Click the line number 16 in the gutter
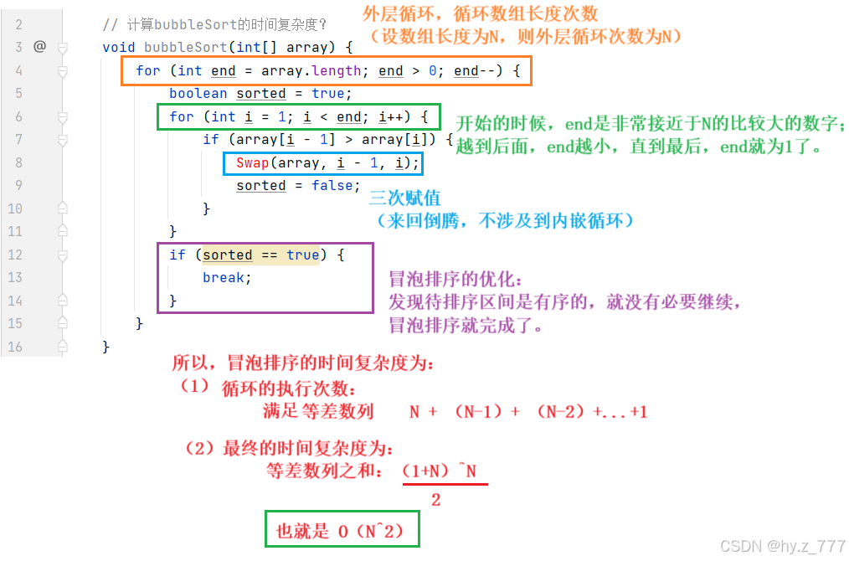coord(17,346)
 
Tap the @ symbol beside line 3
coord(39,47)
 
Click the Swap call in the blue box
coord(252,163)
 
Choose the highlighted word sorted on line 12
coord(227,255)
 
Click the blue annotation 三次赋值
coord(405,198)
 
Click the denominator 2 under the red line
coord(435,500)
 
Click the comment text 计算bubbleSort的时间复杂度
coord(223,24)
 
